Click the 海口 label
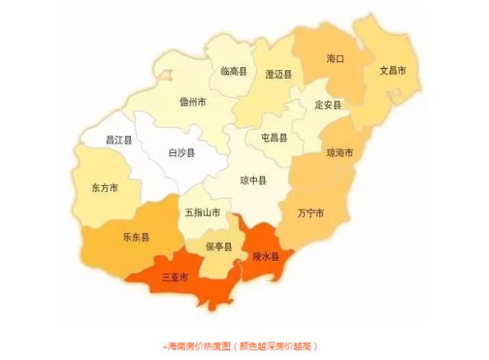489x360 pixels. [x=336, y=58]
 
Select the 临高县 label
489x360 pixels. [x=234, y=71]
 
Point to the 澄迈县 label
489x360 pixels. [x=278, y=74]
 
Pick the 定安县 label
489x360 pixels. [x=328, y=105]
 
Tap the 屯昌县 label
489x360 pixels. [x=274, y=138]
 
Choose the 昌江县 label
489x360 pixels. [x=118, y=141]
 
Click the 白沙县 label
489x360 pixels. [x=181, y=153]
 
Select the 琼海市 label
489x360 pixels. [x=340, y=153]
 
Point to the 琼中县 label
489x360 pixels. [x=253, y=181]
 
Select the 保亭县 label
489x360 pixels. [x=218, y=246]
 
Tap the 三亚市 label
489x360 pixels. [x=175, y=276]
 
